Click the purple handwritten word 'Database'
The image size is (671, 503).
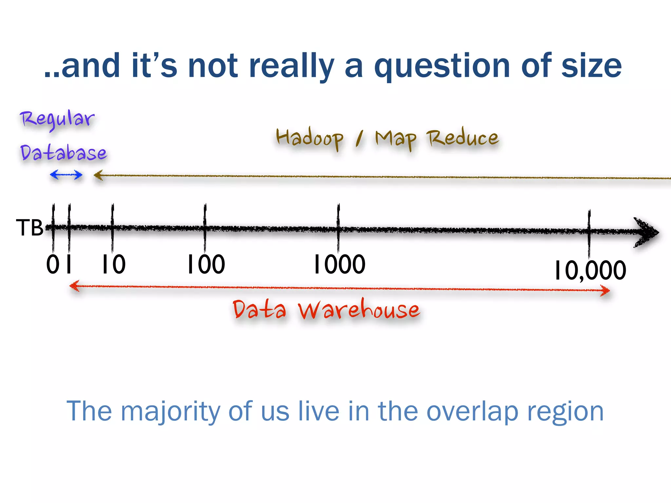tap(64, 153)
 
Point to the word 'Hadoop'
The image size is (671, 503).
tap(310, 139)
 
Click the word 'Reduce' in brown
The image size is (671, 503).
tap(462, 139)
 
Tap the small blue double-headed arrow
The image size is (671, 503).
tap(66, 175)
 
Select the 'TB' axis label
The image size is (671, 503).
tap(29, 228)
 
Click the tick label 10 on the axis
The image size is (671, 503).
tap(113, 264)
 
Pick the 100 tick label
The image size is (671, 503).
tap(206, 264)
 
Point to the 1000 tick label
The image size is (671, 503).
tap(339, 264)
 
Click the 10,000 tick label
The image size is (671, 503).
tap(590, 270)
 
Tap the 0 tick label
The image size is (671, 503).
tap(52, 264)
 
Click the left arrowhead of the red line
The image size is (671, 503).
tap(74, 286)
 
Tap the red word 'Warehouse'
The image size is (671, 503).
tap(358, 310)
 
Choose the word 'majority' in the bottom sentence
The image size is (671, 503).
tap(170, 411)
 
